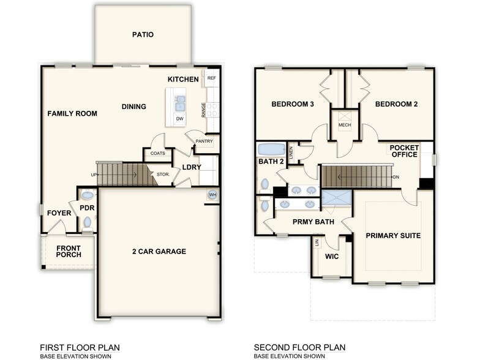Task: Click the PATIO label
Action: (143, 35)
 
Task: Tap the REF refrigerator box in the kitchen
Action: (212, 78)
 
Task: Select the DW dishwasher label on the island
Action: (179, 119)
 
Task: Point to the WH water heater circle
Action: (212, 195)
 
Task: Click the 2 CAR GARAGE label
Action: (159, 251)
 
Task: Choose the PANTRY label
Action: (204, 141)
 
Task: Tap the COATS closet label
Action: (158, 153)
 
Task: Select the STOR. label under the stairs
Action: (163, 174)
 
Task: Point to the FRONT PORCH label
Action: (69, 252)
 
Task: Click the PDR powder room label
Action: (86, 208)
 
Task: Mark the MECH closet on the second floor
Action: (344, 126)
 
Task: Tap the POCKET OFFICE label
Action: (404, 151)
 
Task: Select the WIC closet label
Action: (332, 256)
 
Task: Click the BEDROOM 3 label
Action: (293, 104)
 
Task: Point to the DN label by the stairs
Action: (396, 178)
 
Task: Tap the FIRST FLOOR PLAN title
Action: (80, 347)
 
